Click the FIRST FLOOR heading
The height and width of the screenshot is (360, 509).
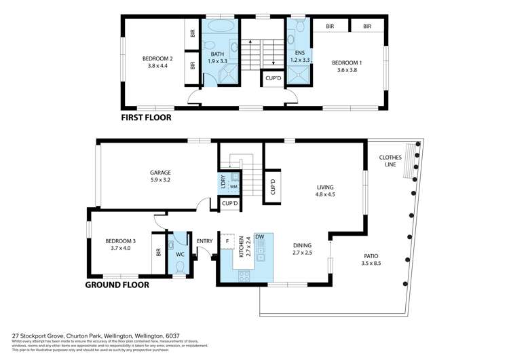click(x=146, y=118)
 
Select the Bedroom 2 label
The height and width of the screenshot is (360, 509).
click(x=157, y=58)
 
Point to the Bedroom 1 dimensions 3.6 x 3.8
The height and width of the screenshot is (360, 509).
click(x=346, y=71)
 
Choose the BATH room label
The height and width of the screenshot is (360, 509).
click(x=217, y=54)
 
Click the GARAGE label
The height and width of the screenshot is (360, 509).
click(x=160, y=173)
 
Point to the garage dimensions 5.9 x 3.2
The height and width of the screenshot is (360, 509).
click(x=160, y=181)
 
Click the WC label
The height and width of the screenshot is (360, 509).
click(x=180, y=255)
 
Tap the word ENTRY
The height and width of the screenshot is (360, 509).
click(x=204, y=241)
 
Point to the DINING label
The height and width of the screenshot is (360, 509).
click(x=303, y=245)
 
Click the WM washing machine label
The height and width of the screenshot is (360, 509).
click(x=233, y=186)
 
